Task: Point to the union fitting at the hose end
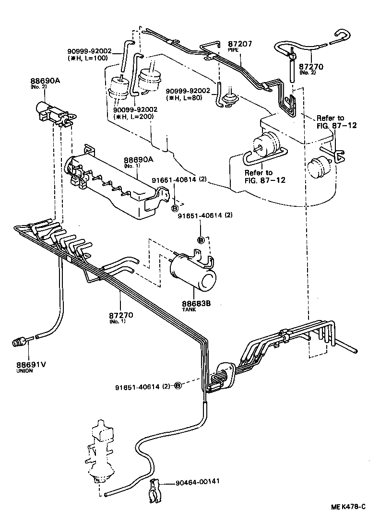[20, 343]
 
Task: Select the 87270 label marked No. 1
[120, 315]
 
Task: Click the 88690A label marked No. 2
[45, 82]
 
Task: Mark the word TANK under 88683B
[189, 310]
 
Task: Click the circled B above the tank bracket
[201, 239]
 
